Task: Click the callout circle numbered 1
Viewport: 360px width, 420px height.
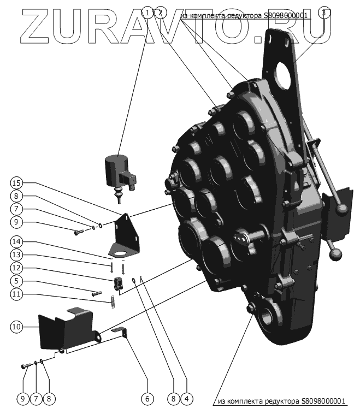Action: pyautogui.click(x=146, y=12)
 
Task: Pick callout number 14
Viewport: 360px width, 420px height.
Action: pyautogui.click(x=16, y=242)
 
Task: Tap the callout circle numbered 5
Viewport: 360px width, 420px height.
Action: pyautogui.click(x=16, y=282)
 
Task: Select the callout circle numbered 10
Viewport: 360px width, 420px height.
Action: pyautogui.click(x=16, y=327)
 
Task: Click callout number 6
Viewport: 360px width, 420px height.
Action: pyautogui.click(x=146, y=399)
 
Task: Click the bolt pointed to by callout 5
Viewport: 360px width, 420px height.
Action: pyautogui.click(x=97, y=293)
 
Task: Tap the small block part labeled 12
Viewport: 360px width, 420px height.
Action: pyautogui.click(x=117, y=284)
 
